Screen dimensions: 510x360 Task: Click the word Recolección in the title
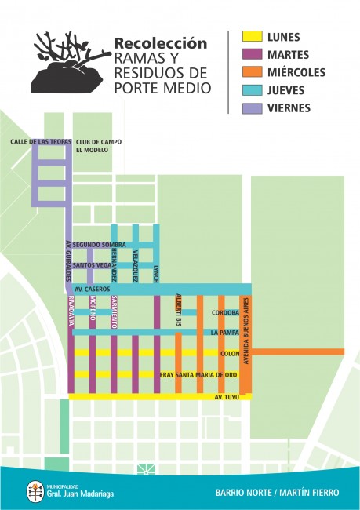click(160, 44)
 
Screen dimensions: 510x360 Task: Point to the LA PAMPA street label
click(225, 333)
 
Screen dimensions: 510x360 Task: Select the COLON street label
click(230, 353)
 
